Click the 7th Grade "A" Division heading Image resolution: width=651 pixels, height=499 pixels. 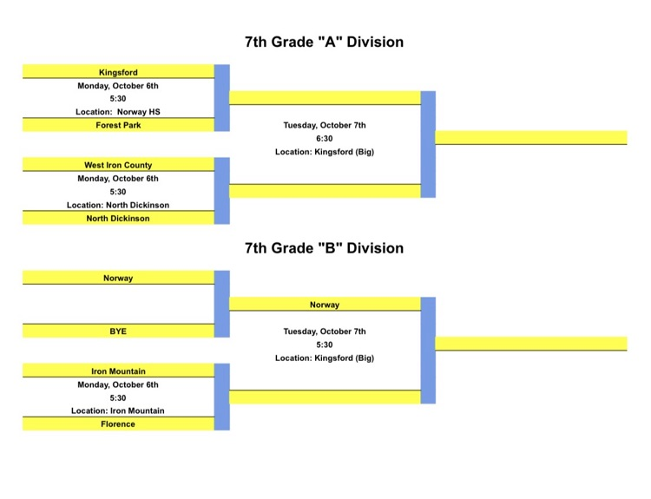(x=324, y=42)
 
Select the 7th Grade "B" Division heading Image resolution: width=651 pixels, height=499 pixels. (x=324, y=248)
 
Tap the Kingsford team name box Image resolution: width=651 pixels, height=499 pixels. (x=118, y=72)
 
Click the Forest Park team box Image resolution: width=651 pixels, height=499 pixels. (x=118, y=125)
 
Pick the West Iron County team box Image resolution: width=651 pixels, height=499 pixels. (x=118, y=165)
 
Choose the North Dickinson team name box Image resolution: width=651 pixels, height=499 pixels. (x=118, y=219)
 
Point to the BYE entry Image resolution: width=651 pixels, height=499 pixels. (x=118, y=332)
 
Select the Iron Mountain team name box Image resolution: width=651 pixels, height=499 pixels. (x=118, y=371)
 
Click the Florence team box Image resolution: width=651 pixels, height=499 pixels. (x=118, y=424)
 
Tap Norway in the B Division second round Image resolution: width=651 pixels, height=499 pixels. (x=325, y=305)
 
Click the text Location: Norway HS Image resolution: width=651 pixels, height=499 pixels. (x=118, y=112)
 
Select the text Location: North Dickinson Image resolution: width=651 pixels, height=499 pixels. (x=118, y=206)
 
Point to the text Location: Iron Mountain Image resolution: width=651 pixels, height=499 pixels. (x=118, y=411)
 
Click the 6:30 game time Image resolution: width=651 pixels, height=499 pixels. (x=325, y=138)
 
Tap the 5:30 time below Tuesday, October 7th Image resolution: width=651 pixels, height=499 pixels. (x=325, y=345)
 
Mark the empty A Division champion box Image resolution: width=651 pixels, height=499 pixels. (x=530, y=137)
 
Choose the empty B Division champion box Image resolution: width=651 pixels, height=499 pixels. (x=530, y=343)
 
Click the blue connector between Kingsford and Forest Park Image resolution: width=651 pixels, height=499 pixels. (x=221, y=98)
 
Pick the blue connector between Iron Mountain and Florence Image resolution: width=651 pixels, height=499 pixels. (x=221, y=397)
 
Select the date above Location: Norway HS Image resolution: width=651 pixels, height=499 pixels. (x=118, y=86)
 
